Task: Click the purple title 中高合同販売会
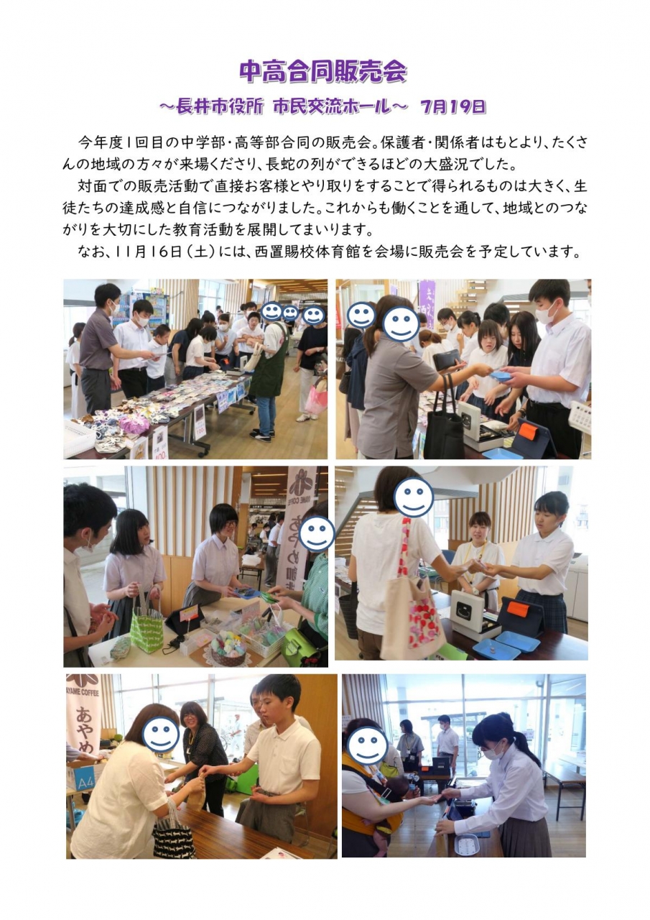[x=323, y=73]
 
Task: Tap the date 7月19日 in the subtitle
[x=453, y=107]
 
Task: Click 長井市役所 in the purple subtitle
[x=219, y=107]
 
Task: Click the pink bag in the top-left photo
[x=316, y=397]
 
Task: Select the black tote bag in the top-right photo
[x=445, y=425]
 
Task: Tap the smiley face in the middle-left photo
[x=317, y=534]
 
